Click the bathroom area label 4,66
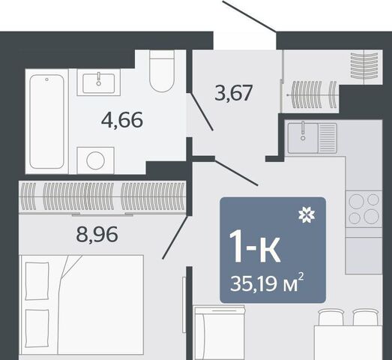122,120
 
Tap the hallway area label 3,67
233,93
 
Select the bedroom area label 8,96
97,235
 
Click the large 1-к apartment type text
255,247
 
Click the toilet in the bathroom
161,71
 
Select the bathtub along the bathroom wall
46,121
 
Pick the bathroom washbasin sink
99,82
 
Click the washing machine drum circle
95,160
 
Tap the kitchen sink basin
303,138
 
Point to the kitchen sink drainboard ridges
328,138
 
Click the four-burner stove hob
364,209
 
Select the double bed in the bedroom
82,305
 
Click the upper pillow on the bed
37,280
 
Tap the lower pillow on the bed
37,328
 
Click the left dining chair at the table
331,317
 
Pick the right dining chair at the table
366,317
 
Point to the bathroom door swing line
202,112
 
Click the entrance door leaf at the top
250,16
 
